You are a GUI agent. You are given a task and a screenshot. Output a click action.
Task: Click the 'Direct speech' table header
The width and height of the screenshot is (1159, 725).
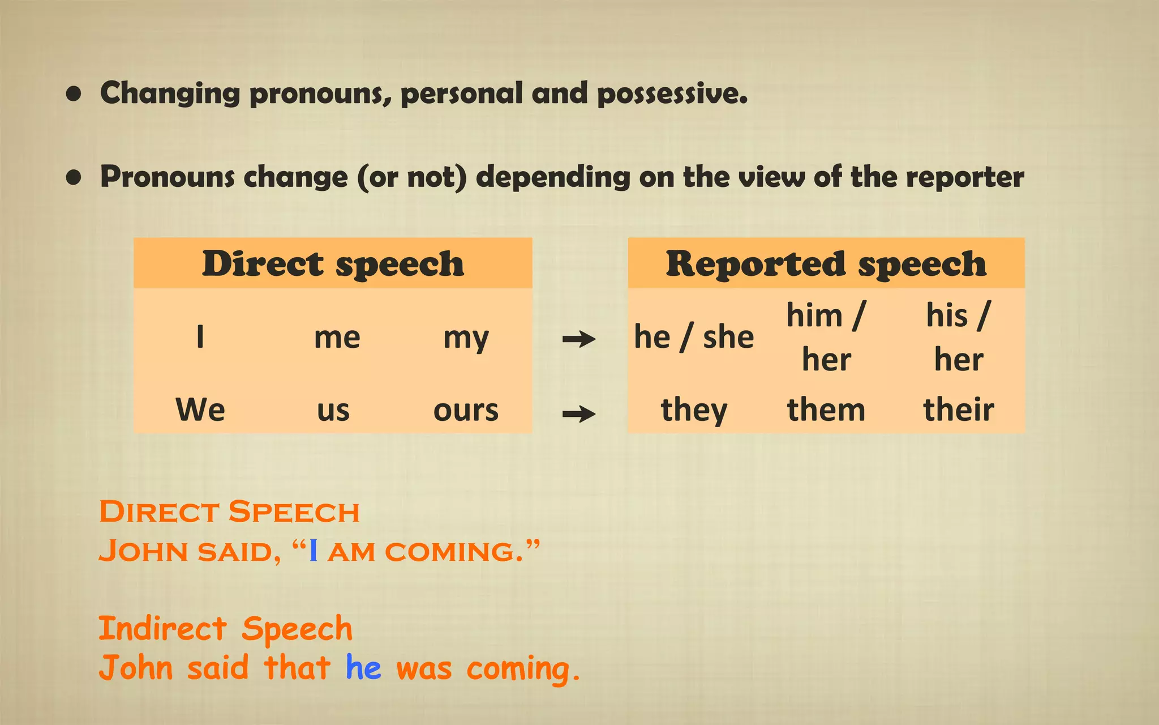(333, 264)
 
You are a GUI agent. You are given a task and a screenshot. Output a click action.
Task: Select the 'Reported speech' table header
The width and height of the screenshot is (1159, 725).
(826, 264)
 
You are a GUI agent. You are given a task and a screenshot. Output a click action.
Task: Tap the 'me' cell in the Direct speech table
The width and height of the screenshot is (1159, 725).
(337, 338)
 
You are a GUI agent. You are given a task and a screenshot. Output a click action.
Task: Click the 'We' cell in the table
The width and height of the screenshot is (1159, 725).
(200, 410)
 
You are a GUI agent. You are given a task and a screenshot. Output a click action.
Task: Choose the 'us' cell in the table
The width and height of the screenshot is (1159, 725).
(333, 410)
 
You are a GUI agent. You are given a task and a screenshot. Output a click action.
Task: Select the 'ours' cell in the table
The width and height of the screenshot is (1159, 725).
(466, 410)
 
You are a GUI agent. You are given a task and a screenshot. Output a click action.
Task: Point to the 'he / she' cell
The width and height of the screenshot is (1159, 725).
(694, 337)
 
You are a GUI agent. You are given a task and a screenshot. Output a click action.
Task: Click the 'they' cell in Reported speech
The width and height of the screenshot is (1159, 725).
(694, 410)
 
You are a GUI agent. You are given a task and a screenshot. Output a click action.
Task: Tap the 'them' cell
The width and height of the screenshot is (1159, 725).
(826, 410)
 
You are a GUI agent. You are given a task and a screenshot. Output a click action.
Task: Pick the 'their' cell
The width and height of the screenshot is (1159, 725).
(959, 410)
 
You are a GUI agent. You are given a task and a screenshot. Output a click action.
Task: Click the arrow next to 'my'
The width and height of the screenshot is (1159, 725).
(578, 339)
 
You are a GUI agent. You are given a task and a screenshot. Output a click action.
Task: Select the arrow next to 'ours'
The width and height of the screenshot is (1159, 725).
(578, 414)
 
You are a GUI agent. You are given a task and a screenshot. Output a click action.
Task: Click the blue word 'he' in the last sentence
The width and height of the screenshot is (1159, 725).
(363, 668)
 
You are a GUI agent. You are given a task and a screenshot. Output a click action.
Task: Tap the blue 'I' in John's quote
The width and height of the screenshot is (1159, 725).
(314, 551)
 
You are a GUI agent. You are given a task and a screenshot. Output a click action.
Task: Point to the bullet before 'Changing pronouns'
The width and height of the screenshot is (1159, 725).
(74, 94)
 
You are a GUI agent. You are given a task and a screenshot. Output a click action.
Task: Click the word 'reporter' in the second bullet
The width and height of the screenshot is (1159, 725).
(965, 177)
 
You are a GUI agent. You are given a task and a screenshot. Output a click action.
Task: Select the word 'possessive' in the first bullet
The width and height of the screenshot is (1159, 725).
(672, 93)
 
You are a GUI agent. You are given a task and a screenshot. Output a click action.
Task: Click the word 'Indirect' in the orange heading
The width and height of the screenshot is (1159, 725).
(163, 629)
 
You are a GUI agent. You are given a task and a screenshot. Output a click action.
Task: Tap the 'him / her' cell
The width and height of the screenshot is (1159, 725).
(826, 337)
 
